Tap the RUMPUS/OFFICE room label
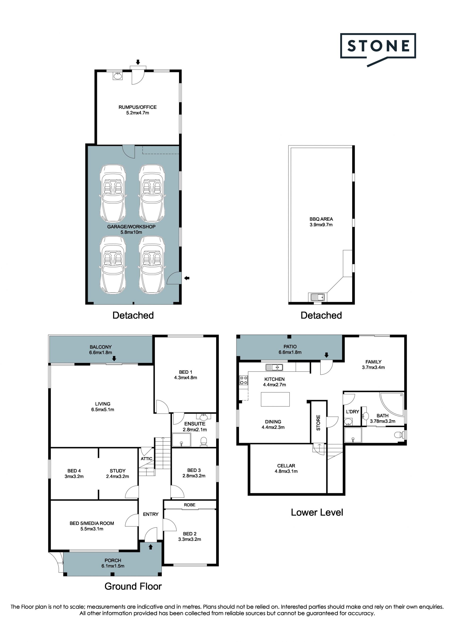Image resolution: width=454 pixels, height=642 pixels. [x=138, y=107]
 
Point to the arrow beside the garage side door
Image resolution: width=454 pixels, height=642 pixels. [x=187, y=278]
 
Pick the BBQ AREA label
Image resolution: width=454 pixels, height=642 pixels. [x=321, y=219]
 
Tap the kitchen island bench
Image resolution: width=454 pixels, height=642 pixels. [x=275, y=399]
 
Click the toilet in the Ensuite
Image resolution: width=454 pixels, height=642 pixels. [x=204, y=442]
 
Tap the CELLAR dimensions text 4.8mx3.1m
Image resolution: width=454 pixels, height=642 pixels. [x=286, y=471]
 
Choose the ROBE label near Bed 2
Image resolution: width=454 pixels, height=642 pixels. [x=190, y=505]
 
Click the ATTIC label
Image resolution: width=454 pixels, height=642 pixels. [x=146, y=459]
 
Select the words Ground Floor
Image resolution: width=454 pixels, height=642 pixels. [x=133, y=586]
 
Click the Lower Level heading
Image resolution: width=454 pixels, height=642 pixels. [x=317, y=512]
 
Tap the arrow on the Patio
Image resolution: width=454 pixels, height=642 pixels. [x=327, y=355]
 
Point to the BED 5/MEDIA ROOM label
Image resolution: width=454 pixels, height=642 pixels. [x=92, y=523]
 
